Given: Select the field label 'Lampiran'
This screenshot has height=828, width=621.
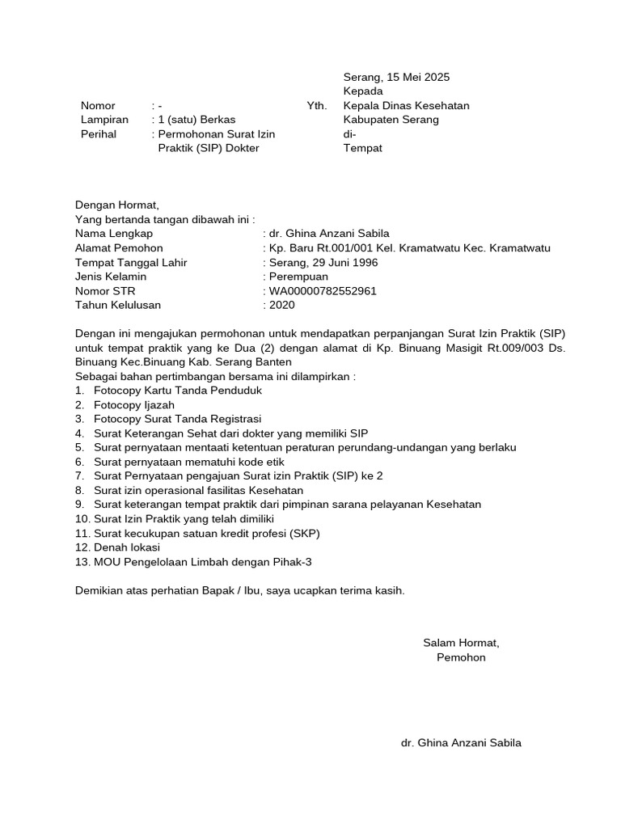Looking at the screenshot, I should tap(99, 120).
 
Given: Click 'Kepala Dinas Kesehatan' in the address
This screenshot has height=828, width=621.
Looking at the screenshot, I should tap(406, 106).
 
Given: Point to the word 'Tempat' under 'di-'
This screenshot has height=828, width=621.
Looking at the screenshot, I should tap(362, 148).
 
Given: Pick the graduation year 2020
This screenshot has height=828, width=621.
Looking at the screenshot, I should tap(282, 306).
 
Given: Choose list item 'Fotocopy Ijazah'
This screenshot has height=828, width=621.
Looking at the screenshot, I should tap(133, 404).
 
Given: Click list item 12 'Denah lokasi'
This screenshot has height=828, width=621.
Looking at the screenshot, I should tap(126, 547).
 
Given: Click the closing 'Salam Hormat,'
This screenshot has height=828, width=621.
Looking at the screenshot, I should tap(461, 643).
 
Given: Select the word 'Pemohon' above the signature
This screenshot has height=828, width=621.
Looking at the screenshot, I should tap(461, 657).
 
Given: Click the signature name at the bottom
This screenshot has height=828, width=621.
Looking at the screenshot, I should tap(461, 743).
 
